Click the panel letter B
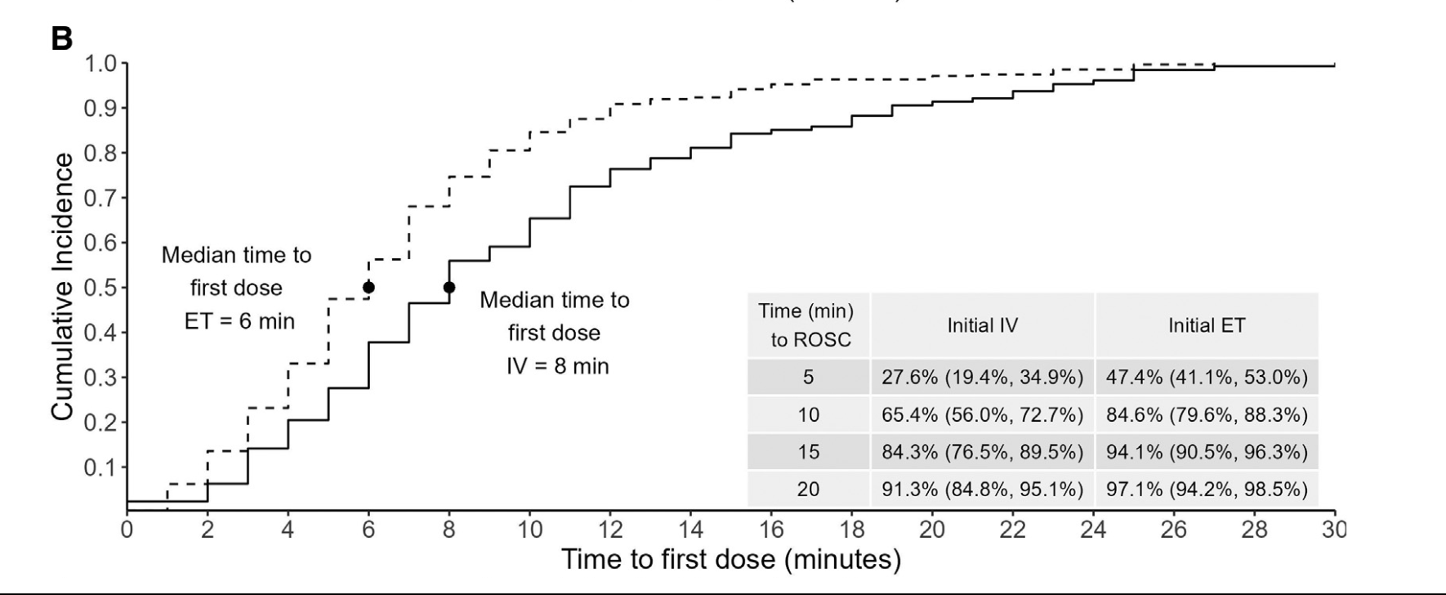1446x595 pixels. [x=62, y=38]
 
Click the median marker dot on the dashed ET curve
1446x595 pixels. [x=368, y=288]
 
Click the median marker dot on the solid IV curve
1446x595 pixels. [x=449, y=288]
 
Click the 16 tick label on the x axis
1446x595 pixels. [x=771, y=530]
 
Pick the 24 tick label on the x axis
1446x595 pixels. [x=1093, y=530]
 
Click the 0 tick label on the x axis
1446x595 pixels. [x=127, y=530]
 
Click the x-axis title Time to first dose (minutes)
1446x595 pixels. [x=731, y=560]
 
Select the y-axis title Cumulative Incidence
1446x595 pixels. [x=64, y=288]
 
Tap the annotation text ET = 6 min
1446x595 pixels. [x=239, y=321]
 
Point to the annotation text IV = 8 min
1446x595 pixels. [x=557, y=365]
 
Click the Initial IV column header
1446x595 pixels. [x=982, y=325]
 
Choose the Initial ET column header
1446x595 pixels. [x=1207, y=325]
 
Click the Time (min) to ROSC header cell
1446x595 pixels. [x=806, y=325]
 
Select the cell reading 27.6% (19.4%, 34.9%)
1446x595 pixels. [x=982, y=377]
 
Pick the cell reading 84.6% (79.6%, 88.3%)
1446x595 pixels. [x=1207, y=415]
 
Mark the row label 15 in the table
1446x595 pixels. [x=808, y=452]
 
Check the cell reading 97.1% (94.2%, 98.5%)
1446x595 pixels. [x=1207, y=490]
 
